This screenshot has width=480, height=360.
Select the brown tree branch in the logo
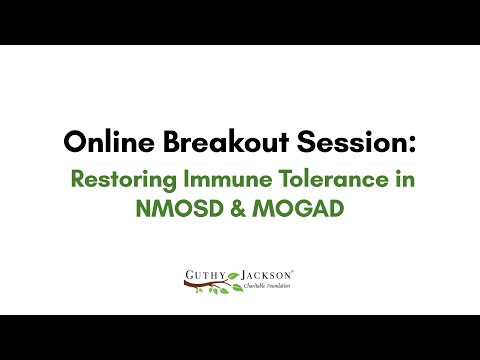coord(205,284)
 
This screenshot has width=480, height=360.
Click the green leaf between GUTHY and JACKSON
coord(234,273)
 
